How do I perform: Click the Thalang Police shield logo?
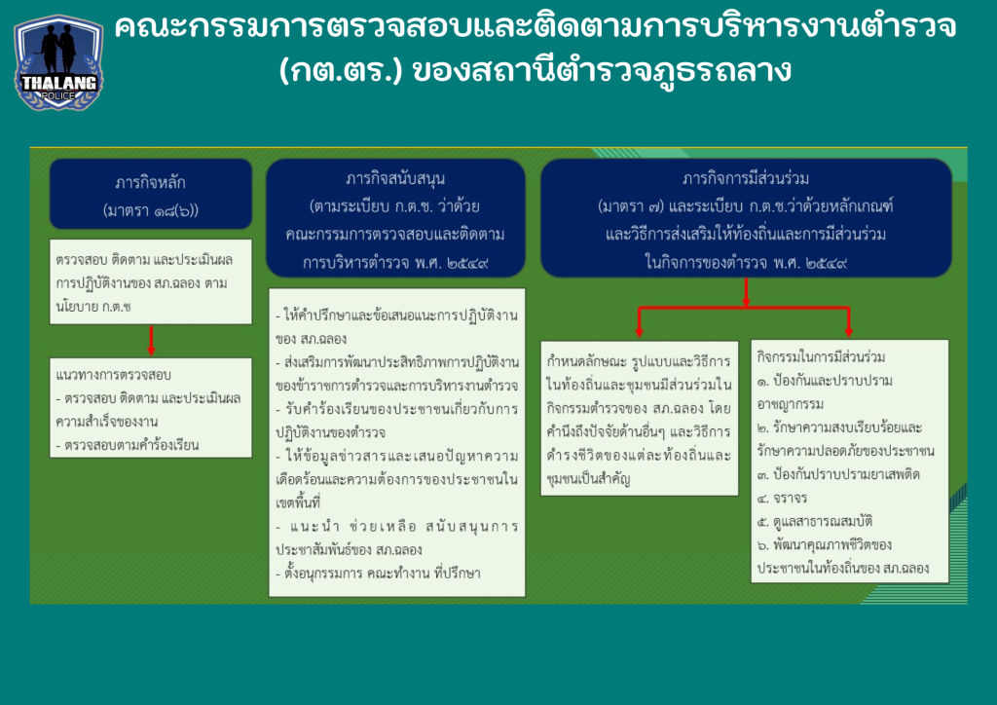pos(58,61)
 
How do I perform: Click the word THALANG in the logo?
pos(58,83)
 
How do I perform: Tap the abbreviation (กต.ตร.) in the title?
pos(341,70)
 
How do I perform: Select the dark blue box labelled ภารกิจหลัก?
pos(151,194)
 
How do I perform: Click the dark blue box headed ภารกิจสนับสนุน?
pos(395,218)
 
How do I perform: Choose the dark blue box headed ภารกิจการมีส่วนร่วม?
pos(746,218)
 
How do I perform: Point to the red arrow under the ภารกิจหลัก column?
pos(151,341)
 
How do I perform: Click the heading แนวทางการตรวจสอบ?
pos(114,375)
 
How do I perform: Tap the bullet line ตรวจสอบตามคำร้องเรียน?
pos(128,445)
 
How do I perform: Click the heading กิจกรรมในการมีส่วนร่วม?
pos(821,356)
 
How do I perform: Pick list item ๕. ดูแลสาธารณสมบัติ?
pos(815,521)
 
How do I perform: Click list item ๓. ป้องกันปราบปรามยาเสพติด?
pos(838,474)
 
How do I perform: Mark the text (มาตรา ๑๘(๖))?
pos(151,210)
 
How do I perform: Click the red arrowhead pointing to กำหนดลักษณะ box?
pos(639,331)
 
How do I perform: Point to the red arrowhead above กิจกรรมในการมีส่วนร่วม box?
pos(848,331)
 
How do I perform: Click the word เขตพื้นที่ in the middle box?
pos(298,502)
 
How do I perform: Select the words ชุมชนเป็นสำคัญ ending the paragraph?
pos(588,479)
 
